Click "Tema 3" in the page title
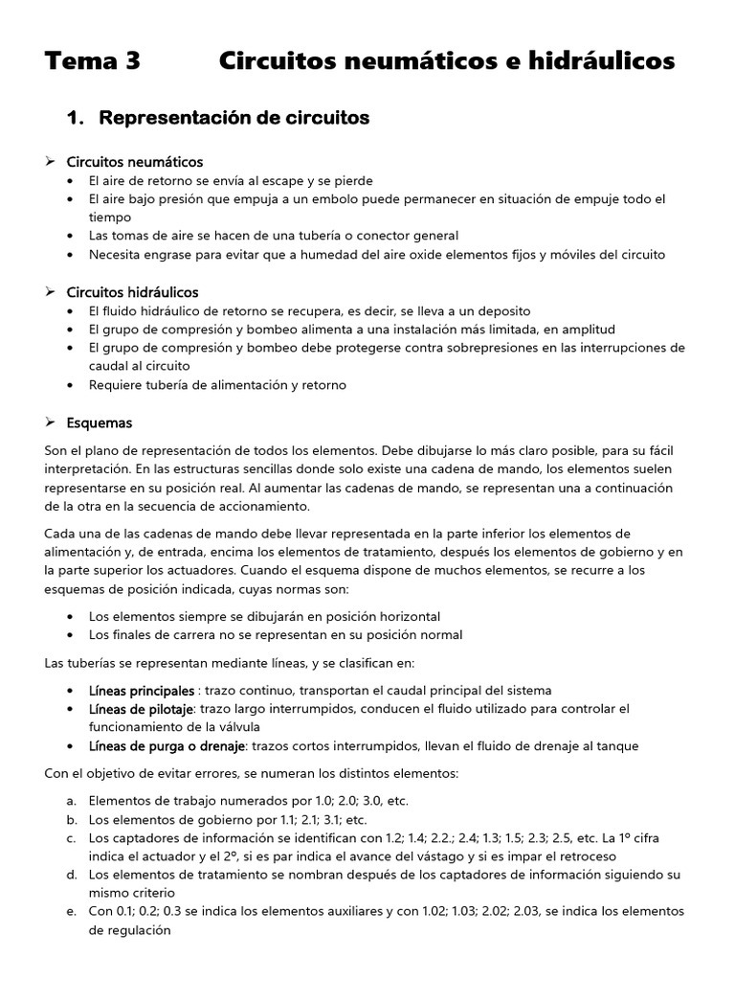(92, 61)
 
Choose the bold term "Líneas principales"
(141, 691)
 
